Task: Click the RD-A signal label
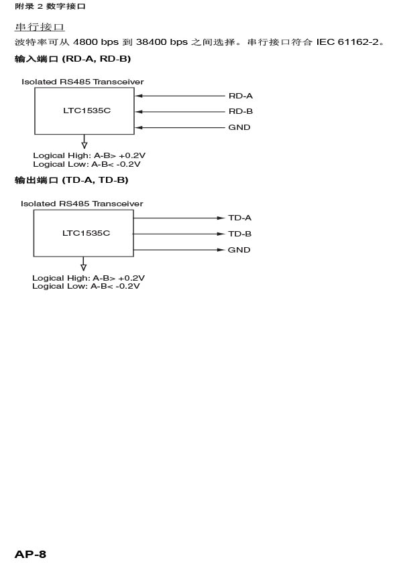click(241, 96)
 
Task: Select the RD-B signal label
click(241, 111)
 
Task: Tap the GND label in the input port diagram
click(239, 127)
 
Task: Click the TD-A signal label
click(239, 218)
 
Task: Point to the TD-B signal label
click(239, 234)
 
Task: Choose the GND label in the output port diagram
click(239, 250)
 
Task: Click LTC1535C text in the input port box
click(87, 111)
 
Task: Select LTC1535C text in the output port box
click(86, 233)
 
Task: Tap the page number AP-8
click(30, 555)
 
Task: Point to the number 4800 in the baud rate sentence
click(85, 42)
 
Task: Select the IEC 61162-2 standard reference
click(348, 42)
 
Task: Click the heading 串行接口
click(40, 27)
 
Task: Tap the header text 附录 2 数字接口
click(50, 7)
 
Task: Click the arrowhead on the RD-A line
click(139, 96)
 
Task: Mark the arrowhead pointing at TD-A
click(221, 218)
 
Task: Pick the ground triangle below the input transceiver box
click(84, 145)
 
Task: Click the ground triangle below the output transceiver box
click(84, 267)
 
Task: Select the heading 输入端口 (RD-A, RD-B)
click(72, 59)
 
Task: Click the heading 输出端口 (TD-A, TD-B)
click(72, 180)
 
